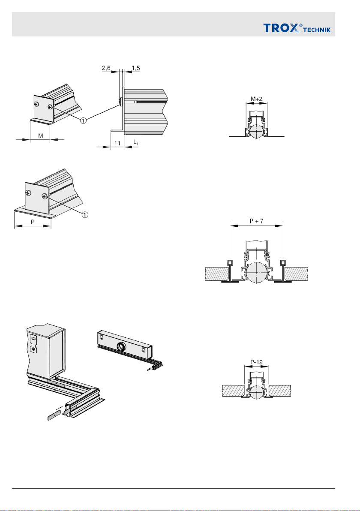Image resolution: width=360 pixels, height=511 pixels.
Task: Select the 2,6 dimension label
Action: point(108,68)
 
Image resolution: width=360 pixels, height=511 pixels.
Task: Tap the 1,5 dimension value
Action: point(136,68)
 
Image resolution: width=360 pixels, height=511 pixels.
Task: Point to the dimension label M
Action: point(41,136)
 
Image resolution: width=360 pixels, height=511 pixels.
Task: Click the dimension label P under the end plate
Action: point(32,223)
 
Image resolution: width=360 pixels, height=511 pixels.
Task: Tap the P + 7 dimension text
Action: point(256,221)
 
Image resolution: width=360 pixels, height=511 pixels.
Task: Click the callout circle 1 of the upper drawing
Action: point(84,121)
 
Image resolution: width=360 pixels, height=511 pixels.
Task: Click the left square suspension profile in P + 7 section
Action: point(230,262)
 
